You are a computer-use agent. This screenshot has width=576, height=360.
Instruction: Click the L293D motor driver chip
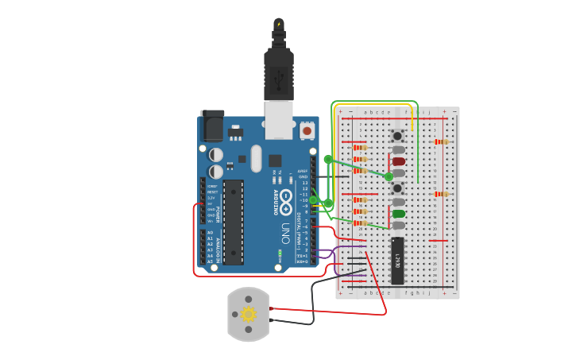click(397, 260)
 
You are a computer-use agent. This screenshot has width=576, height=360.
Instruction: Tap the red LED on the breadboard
click(398, 161)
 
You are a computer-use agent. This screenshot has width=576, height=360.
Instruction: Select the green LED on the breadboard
click(398, 213)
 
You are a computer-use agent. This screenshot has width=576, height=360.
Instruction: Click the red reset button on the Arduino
click(307, 129)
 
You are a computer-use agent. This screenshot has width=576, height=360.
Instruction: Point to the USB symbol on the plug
click(278, 79)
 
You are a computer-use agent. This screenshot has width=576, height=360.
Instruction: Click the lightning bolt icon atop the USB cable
click(278, 24)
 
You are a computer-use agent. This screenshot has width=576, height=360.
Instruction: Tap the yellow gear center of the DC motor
click(248, 314)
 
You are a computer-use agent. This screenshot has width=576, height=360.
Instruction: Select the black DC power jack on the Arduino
click(211, 125)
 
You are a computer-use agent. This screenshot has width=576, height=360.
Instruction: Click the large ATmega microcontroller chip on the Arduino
click(233, 222)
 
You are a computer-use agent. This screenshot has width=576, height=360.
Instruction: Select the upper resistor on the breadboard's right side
click(439, 142)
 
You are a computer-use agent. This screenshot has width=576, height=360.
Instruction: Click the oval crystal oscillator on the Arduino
click(255, 157)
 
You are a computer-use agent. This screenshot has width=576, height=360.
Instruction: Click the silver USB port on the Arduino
click(280, 118)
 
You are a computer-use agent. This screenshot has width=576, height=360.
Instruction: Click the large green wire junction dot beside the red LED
click(389, 176)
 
